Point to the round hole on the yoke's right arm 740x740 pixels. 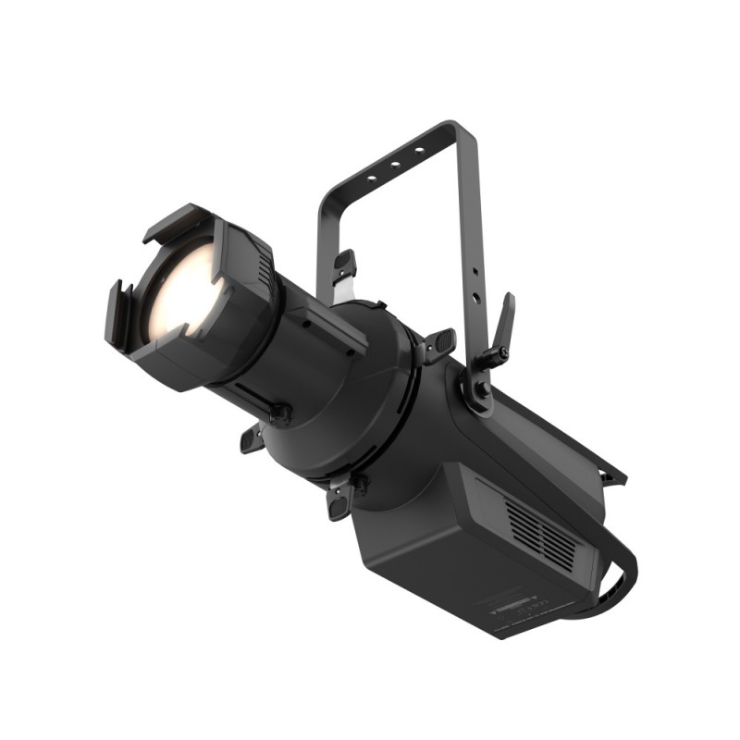pyautogui.click(x=475, y=300)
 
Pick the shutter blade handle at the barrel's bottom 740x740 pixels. pyautogui.click(x=341, y=499)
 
